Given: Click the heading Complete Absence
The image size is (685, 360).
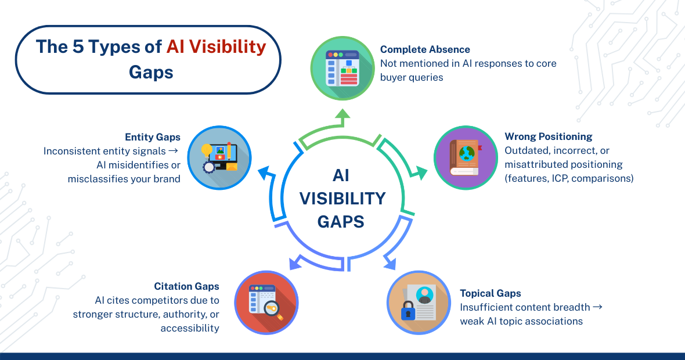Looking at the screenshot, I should point(425,49).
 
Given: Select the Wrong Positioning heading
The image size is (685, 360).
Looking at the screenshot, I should point(549,136).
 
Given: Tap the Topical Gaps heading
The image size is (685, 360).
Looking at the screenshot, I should point(491,293).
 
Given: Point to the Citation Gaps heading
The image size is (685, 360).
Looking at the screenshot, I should point(186,286).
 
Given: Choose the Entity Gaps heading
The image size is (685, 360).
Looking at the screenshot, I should point(153,137).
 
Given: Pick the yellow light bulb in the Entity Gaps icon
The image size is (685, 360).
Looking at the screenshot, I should point(207,150).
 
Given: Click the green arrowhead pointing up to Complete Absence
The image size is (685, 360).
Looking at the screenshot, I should point(342,118).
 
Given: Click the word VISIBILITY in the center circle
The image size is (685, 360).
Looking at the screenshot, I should point(342,199).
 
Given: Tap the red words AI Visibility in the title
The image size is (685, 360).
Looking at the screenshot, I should point(216,47).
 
